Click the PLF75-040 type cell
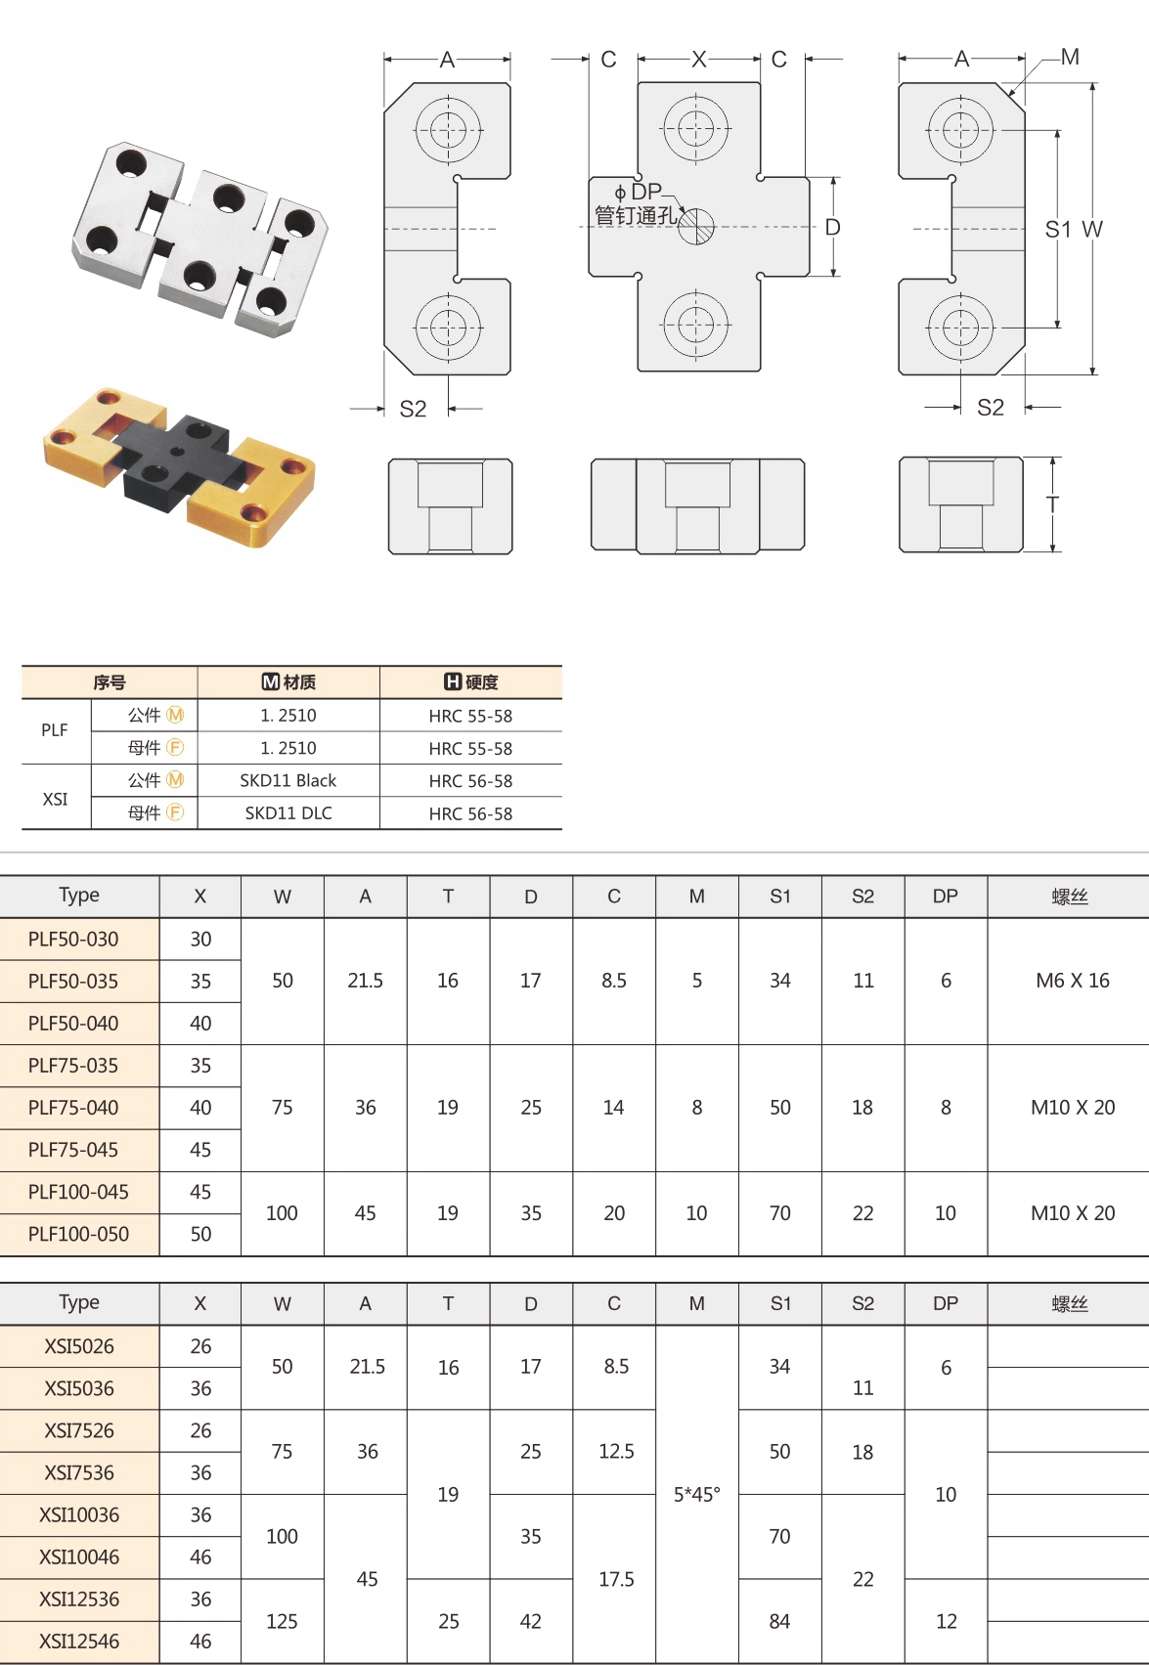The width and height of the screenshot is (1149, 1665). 73,1108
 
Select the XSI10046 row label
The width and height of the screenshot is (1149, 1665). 78,1556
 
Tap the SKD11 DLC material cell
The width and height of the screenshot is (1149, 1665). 288,813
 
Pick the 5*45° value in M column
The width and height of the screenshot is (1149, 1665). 696,1494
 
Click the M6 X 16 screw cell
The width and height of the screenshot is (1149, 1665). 1072,981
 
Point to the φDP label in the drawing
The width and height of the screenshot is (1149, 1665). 639,192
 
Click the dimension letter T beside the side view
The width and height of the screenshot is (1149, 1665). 1052,504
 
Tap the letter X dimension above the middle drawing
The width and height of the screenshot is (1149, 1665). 698,60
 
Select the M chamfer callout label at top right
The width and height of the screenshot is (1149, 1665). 1070,58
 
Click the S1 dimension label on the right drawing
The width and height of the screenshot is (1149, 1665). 1057,230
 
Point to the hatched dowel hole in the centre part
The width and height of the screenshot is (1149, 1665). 696,227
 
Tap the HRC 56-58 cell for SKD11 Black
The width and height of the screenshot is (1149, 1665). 470,781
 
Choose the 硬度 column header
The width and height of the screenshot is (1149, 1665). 471,682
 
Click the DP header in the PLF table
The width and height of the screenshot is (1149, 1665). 945,897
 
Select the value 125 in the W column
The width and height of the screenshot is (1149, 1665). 282,1621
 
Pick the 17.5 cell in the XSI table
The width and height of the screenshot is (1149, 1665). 616,1579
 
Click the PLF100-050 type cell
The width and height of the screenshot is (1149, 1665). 78,1235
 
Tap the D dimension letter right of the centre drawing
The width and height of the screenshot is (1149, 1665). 832,228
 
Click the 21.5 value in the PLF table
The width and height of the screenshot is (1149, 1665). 365,981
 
